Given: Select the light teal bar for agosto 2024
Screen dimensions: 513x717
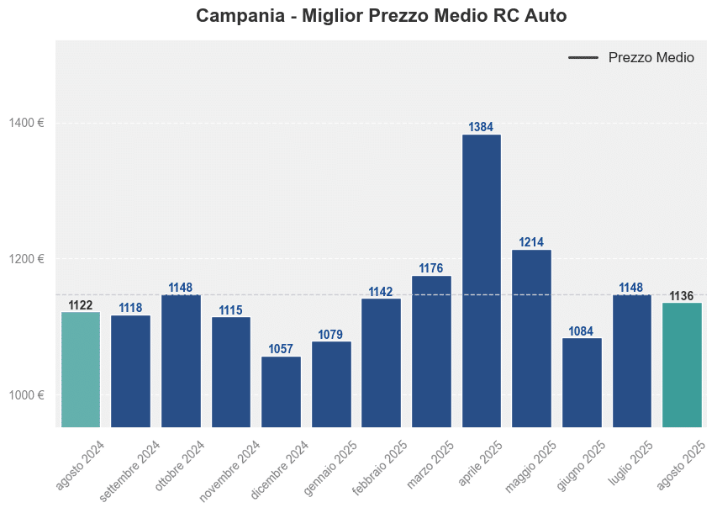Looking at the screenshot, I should [x=81, y=369].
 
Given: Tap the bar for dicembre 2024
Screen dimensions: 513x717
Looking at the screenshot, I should [x=281, y=391].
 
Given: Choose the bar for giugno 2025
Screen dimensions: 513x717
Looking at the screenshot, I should [x=582, y=382].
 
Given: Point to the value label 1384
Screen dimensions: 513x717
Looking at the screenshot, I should [x=481, y=127].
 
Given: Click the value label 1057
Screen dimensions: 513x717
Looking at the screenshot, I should [x=281, y=349].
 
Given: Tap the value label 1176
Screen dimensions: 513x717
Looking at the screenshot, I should [x=431, y=268].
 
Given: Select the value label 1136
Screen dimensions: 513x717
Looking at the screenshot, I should [x=682, y=296].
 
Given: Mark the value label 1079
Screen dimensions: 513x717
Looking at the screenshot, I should [x=331, y=335].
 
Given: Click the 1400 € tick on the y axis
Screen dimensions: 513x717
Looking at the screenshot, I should [x=27, y=123].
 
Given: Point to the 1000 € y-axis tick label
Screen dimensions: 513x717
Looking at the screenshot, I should [x=27, y=395].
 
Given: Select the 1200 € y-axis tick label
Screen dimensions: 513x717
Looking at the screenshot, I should [x=27, y=259].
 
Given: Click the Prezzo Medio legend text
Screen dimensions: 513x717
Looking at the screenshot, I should [x=651, y=58].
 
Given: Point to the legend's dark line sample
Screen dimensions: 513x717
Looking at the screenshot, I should [x=583, y=58].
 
